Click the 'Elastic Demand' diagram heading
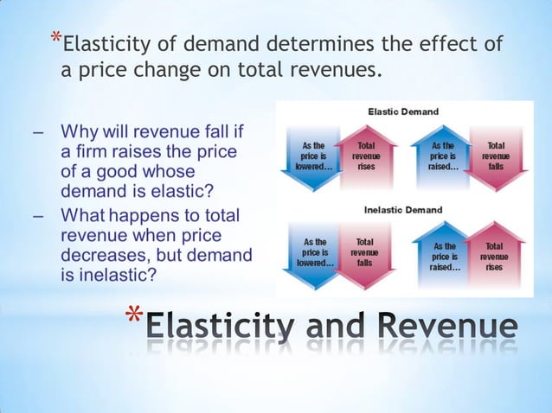click(403, 112)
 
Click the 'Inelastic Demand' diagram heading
click(403, 210)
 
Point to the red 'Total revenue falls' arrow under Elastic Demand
click(495, 158)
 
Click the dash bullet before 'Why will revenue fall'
click(37, 133)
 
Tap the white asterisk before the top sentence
click(56, 38)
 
